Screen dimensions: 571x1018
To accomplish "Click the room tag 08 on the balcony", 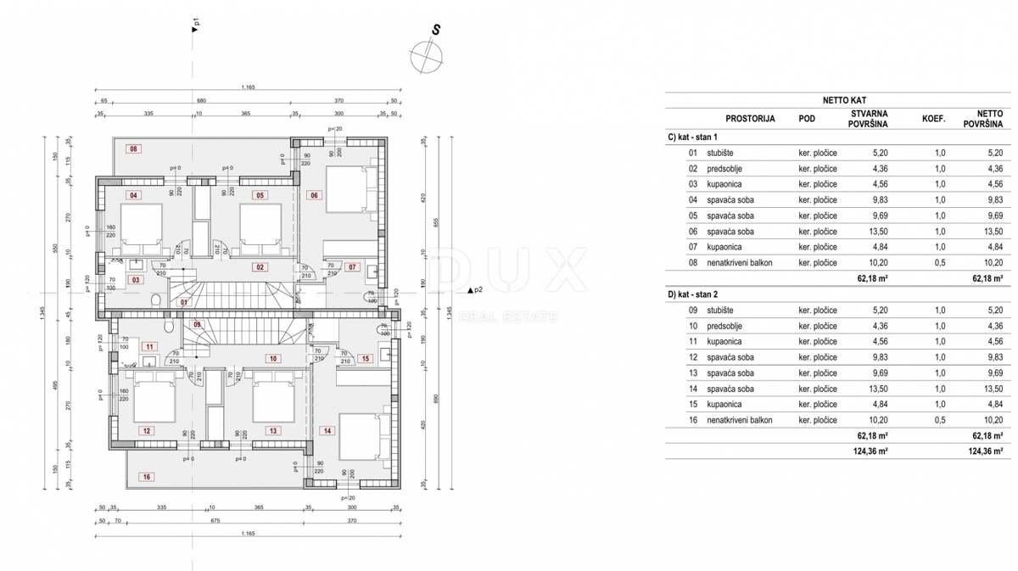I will click(133, 149).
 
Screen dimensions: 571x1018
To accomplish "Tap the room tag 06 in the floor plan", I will click(314, 195).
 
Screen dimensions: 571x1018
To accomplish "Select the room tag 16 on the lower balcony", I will click(146, 478).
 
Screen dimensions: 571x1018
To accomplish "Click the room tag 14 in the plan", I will click(327, 431).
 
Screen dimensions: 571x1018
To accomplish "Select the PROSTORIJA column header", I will click(750, 119).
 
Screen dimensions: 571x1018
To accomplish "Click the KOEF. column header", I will click(933, 119).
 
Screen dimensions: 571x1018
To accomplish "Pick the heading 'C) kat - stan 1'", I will click(693, 137).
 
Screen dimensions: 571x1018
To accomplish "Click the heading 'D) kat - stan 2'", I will click(693, 294).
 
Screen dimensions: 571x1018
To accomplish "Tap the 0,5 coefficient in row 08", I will click(939, 263).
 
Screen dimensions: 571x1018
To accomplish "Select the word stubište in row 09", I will click(721, 311).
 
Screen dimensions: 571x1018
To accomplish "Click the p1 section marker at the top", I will click(196, 26).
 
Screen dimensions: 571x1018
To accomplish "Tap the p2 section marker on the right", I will click(475, 290).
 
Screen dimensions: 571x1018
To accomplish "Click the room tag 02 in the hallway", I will click(260, 267).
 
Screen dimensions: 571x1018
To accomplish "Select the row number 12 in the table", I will click(692, 357).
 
